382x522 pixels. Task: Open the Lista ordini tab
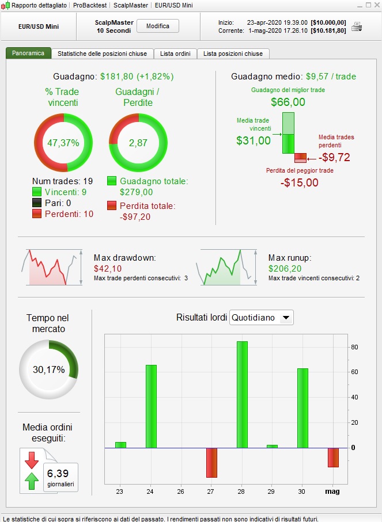176,54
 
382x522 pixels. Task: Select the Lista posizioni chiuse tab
233,54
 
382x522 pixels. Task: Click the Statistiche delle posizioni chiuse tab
102,54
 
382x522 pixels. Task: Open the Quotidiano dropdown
262,318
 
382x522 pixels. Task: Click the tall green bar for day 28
242,394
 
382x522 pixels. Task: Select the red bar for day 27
211,462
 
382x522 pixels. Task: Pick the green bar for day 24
151,406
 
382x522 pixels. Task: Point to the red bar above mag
333,458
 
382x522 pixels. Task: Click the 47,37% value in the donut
63,143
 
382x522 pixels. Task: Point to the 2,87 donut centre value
138,143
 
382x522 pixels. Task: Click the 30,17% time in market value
48,370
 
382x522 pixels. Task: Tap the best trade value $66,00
288,102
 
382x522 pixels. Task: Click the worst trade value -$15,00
300,182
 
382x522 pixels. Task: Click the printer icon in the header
357,26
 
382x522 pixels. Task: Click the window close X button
376,5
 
